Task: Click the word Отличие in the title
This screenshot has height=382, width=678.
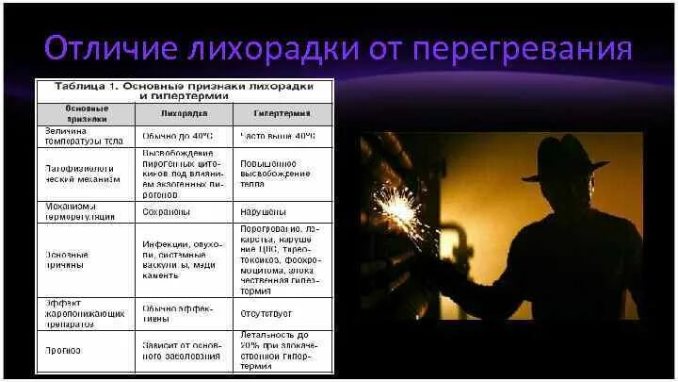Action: coord(102,50)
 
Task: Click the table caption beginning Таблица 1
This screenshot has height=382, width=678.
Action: coord(185,91)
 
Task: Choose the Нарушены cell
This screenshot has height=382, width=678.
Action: coord(265,211)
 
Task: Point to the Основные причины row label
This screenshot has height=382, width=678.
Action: coord(68,260)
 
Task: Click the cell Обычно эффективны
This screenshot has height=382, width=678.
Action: coord(180,312)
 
